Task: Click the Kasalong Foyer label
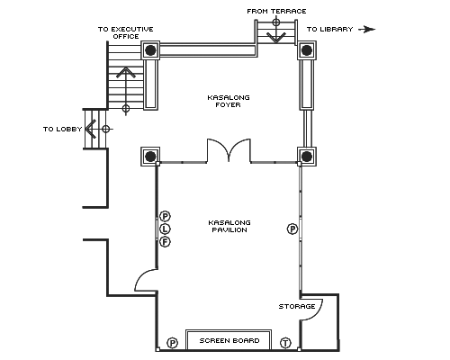tap(229, 101)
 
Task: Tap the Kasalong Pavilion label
tap(229, 226)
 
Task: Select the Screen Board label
tap(229, 340)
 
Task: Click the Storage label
tap(297, 306)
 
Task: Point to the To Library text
tap(329, 29)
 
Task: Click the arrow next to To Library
tap(366, 30)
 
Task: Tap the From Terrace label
tap(276, 11)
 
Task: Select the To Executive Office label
tap(126, 32)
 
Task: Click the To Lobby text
tap(62, 129)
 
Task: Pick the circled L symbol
tap(165, 229)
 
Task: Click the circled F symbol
tap(165, 242)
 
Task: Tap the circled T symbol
tap(285, 343)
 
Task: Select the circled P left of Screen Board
tap(173, 343)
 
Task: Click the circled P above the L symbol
tap(165, 216)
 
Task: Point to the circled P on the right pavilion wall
tap(292, 229)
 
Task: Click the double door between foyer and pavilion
tap(229, 150)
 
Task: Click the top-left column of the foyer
tap(150, 50)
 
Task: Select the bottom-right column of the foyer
tap(307, 157)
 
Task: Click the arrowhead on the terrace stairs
tap(276, 37)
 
